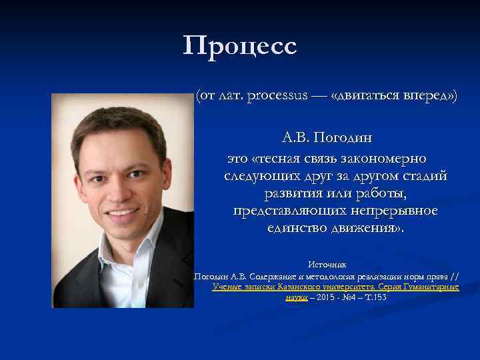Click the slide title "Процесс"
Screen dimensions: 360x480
tap(240, 47)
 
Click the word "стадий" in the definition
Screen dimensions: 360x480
tap(425, 177)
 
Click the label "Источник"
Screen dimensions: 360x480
tap(327, 265)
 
